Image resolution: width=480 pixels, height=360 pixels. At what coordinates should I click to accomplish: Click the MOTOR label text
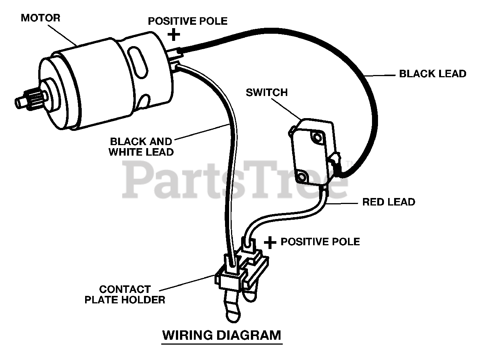click(40, 18)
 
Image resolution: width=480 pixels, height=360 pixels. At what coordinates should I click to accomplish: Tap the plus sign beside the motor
click(174, 35)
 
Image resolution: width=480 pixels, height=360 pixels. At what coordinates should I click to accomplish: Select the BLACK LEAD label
click(432, 73)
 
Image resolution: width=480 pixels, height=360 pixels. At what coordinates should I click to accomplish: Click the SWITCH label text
click(267, 92)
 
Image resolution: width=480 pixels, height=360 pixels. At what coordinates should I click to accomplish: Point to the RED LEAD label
click(388, 202)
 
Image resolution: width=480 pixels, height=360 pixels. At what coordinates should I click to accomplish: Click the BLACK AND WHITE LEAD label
click(141, 147)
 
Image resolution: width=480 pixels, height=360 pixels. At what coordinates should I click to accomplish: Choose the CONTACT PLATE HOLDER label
click(124, 294)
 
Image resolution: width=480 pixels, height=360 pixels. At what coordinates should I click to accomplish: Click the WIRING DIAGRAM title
click(221, 334)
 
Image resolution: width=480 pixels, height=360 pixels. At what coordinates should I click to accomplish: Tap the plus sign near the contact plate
click(270, 242)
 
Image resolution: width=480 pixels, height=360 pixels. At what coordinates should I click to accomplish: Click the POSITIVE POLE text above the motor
click(187, 21)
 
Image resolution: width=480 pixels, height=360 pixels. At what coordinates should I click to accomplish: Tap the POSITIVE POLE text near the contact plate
click(320, 241)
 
